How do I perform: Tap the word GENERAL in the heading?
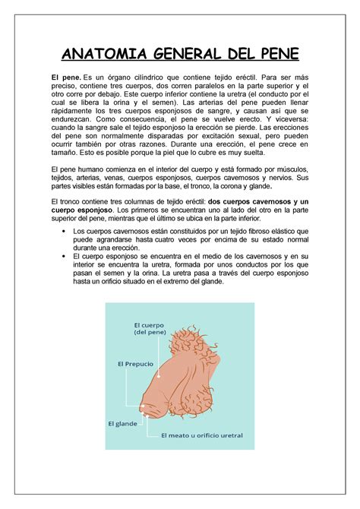[x=190, y=54]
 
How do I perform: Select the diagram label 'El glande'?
[x=122, y=422]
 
